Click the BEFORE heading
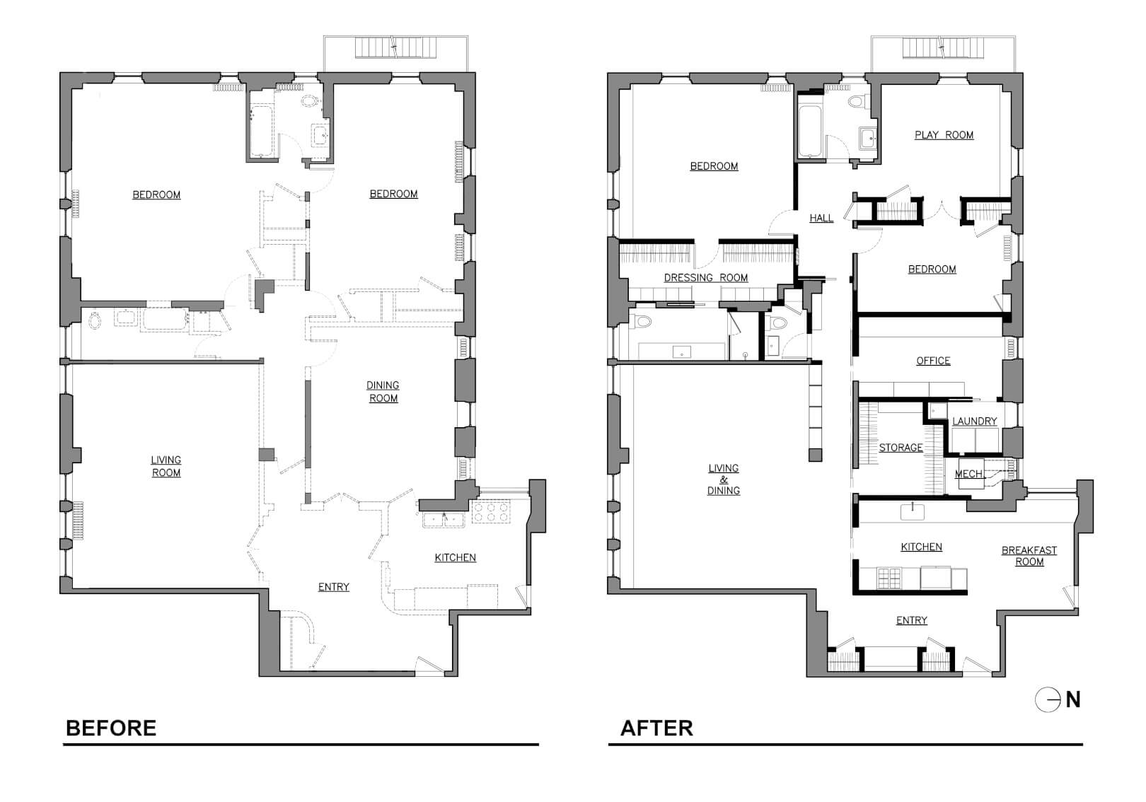(x=111, y=728)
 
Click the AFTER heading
(x=656, y=728)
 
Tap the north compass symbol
(x=1057, y=699)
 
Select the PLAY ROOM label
(x=944, y=135)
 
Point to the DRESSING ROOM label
(x=705, y=278)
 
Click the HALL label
(x=821, y=219)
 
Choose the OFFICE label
(x=933, y=361)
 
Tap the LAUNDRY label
(x=975, y=422)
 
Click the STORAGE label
(x=901, y=448)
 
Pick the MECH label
(x=968, y=474)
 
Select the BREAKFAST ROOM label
(x=1029, y=556)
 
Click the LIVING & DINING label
(x=724, y=480)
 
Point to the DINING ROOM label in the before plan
(x=383, y=392)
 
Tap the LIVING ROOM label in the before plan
(x=166, y=467)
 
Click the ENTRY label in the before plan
(x=334, y=587)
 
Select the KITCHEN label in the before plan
(x=456, y=558)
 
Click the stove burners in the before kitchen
(x=491, y=513)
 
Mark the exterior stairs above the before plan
(x=395, y=47)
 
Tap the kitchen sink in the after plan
(x=912, y=511)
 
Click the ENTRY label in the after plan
(x=912, y=621)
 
